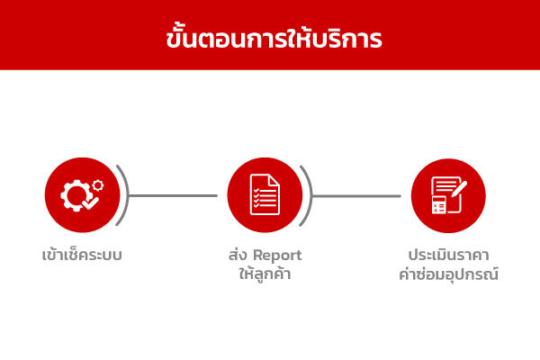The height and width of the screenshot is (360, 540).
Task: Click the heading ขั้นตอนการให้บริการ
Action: click(274, 38)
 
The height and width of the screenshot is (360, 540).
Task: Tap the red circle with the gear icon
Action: click(82, 195)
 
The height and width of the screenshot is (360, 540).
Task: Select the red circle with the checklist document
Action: click(265, 195)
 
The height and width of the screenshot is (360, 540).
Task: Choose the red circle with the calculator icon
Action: click(448, 195)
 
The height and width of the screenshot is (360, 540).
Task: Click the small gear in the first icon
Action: click(98, 185)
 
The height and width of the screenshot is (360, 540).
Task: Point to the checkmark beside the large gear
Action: click(91, 202)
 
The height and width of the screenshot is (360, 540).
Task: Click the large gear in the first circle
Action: click(76, 195)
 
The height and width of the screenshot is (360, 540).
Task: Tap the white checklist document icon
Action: click(265, 194)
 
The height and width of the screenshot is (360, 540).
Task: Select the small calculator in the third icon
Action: click(439, 205)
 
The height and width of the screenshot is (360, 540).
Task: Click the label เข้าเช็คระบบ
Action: click(82, 256)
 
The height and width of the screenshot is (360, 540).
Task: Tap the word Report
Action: click(277, 256)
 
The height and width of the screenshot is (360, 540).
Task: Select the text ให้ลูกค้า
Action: click(265, 274)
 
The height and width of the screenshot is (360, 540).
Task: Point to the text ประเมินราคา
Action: click(448, 256)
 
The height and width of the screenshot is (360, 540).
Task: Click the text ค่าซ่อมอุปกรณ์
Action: click(448, 274)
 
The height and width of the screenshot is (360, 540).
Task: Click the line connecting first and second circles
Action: click(173, 195)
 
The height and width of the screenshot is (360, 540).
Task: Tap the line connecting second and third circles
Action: click(356, 196)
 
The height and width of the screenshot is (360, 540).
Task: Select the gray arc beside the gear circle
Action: click(127, 195)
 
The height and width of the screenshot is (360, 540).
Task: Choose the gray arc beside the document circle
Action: click(310, 195)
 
